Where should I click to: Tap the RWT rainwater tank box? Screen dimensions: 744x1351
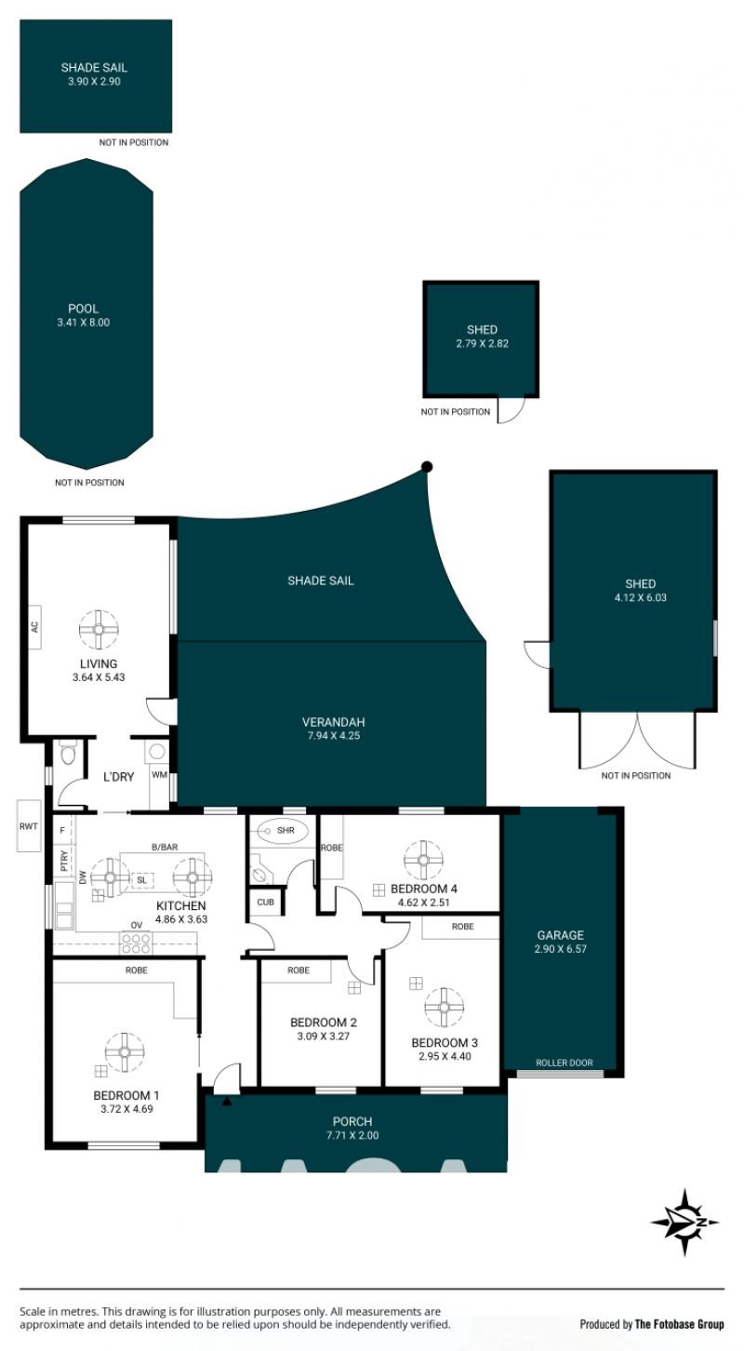(28, 826)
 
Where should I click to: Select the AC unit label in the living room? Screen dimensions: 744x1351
(35, 626)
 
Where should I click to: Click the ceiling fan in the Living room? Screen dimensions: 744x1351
(99, 630)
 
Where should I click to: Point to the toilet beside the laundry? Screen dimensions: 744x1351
(68, 753)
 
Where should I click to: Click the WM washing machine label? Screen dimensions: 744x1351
(159, 775)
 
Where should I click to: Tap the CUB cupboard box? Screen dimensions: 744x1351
(265, 903)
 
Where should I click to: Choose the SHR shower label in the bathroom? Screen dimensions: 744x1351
(286, 831)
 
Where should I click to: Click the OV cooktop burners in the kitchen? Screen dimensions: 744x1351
(137, 943)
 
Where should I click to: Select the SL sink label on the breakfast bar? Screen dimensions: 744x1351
(141, 880)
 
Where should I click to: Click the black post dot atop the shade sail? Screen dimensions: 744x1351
(427, 466)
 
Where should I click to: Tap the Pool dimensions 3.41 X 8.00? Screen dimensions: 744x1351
(83, 322)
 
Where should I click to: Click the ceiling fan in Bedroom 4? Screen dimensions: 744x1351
(424, 860)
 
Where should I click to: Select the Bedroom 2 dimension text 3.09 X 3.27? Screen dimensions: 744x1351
(323, 1037)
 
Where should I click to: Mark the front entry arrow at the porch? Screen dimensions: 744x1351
(227, 1102)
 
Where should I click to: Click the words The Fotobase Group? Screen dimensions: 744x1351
(680, 1324)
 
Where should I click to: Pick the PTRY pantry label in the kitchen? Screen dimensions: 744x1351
(64, 861)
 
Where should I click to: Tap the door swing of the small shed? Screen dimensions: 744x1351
(511, 409)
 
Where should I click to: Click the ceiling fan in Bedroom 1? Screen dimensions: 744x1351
(125, 1052)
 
